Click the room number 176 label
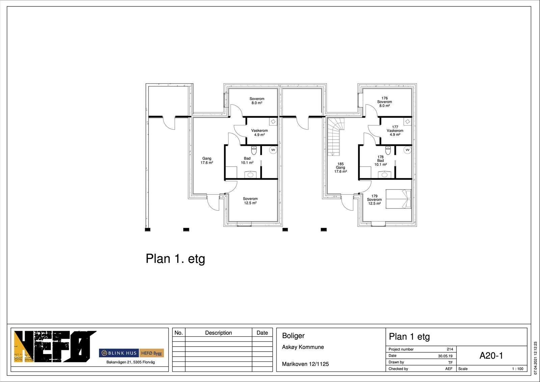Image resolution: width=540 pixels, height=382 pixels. click(384, 98)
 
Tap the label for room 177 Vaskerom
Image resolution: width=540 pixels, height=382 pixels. click(395, 131)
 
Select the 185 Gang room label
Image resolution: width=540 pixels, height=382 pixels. click(341, 168)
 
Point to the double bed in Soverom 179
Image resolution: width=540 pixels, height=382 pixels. click(398, 199)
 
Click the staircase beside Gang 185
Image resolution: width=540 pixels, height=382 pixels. click(335, 136)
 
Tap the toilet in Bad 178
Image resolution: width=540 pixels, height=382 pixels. click(388, 150)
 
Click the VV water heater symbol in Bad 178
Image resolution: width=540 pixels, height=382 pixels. click(407, 150)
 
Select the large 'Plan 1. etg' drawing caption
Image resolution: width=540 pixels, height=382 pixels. click(175, 259)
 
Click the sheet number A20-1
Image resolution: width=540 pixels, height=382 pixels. click(491, 355)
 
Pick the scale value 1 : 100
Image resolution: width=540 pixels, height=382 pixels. click(518, 369)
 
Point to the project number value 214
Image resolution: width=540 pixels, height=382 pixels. click(450, 349)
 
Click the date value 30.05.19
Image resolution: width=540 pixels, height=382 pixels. click(445, 356)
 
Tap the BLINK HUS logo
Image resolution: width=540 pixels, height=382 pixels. click(119, 353)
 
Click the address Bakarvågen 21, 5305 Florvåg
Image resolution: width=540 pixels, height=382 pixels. click(130, 362)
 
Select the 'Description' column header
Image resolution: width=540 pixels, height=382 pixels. click(218, 333)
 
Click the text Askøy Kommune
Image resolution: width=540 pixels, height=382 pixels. click(303, 347)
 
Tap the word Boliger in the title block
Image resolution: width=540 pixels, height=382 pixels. click(293, 336)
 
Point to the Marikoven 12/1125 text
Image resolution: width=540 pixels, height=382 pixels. click(305, 364)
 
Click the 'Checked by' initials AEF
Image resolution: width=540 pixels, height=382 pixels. click(449, 369)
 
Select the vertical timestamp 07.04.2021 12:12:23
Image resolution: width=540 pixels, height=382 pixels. click(535, 358)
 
